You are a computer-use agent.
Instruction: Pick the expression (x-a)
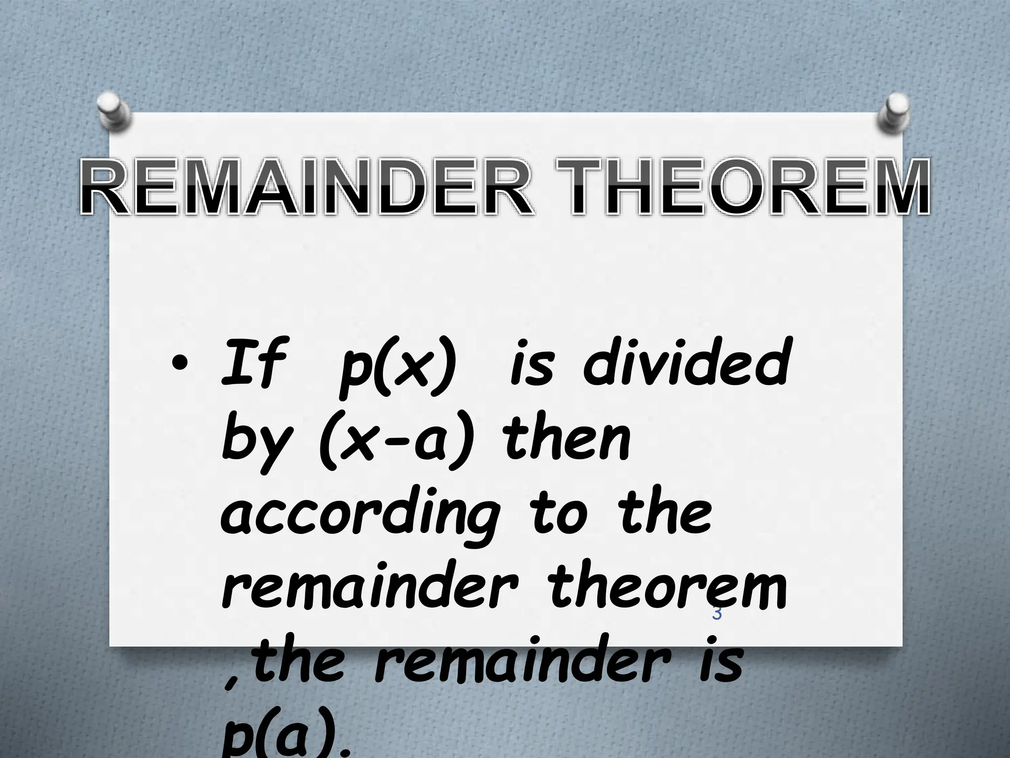(397, 442)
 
